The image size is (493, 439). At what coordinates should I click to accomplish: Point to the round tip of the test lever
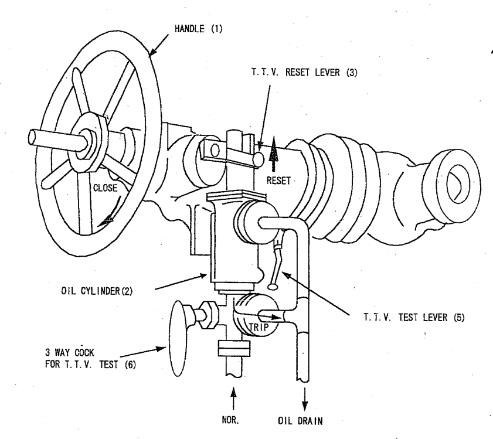(271, 287)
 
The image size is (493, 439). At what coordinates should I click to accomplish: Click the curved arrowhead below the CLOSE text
(105, 220)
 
